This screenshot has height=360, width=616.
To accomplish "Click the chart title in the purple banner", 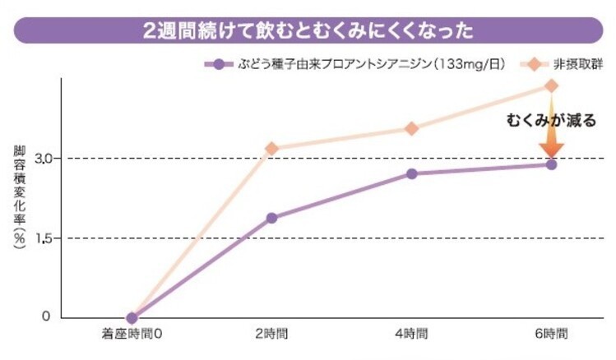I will tap(308, 31).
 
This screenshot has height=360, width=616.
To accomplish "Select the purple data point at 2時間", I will tap(271, 218).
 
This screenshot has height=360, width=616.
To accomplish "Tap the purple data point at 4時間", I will tap(411, 173).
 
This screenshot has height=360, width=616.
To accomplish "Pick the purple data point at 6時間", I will tap(551, 164).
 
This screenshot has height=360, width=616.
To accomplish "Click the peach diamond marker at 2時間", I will tap(271, 149).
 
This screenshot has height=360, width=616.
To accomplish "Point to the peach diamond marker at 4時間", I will tap(411, 128).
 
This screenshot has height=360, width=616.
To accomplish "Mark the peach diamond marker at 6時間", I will tap(551, 85).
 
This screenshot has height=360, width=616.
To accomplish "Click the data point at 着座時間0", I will tap(132, 317).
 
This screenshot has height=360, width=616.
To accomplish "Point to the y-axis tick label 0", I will tap(48, 317).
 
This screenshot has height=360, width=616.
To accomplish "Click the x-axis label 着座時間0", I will tap(132, 335).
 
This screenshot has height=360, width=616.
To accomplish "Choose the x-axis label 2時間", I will tap(271, 335).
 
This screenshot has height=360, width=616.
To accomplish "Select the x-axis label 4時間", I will tap(411, 335).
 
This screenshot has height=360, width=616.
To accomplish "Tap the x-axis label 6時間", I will tap(551, 335).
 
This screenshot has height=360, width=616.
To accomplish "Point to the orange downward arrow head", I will tap(551, 150).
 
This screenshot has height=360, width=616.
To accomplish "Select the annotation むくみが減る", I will tap(550, 120).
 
